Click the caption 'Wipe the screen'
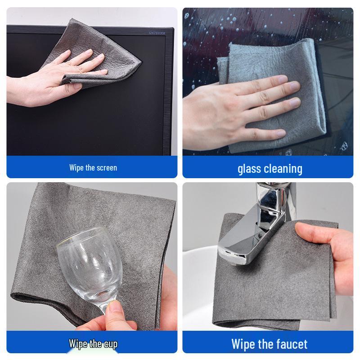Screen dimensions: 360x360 (x=93, y=168)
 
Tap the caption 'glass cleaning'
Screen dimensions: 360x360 (x=270, y=169)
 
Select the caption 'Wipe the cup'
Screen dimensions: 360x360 (x=93, y=344)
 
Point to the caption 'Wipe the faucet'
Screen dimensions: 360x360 (x=269, y=344)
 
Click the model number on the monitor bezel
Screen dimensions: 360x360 (x=157, y=32)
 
